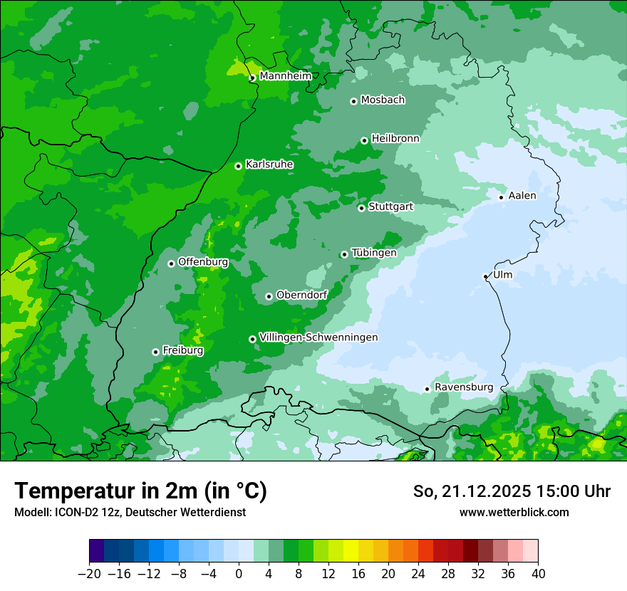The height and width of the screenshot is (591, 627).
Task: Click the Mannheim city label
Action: click(x=285, y=76)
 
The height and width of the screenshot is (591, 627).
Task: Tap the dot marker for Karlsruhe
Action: click(x=238, y=166)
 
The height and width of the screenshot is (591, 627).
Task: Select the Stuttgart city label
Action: click(x=390, y=206)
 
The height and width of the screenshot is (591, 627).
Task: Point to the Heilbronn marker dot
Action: click(x=364, y=140)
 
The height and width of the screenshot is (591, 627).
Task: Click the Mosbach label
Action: click(x=383, y=100)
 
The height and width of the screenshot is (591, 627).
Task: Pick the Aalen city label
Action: click(x=522, y=196)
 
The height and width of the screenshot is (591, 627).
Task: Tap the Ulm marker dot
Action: click(x=485, y=276)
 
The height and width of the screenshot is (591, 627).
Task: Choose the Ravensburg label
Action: click(x=464, y=387)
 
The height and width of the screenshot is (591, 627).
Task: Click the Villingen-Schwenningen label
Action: click(x=318, y=338)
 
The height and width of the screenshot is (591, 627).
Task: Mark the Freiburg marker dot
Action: click(x=155, y=352)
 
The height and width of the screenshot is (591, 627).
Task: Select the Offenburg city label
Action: click(x=203, y=262)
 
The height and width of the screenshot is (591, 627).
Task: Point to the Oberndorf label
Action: click(x=302, y=295)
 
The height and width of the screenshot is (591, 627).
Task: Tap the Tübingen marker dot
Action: click(x=344, y=254)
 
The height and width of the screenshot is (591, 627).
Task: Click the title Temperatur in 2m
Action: click(x=141, y=491)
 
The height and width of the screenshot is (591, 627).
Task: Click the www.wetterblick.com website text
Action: click(x=514, y=512)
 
